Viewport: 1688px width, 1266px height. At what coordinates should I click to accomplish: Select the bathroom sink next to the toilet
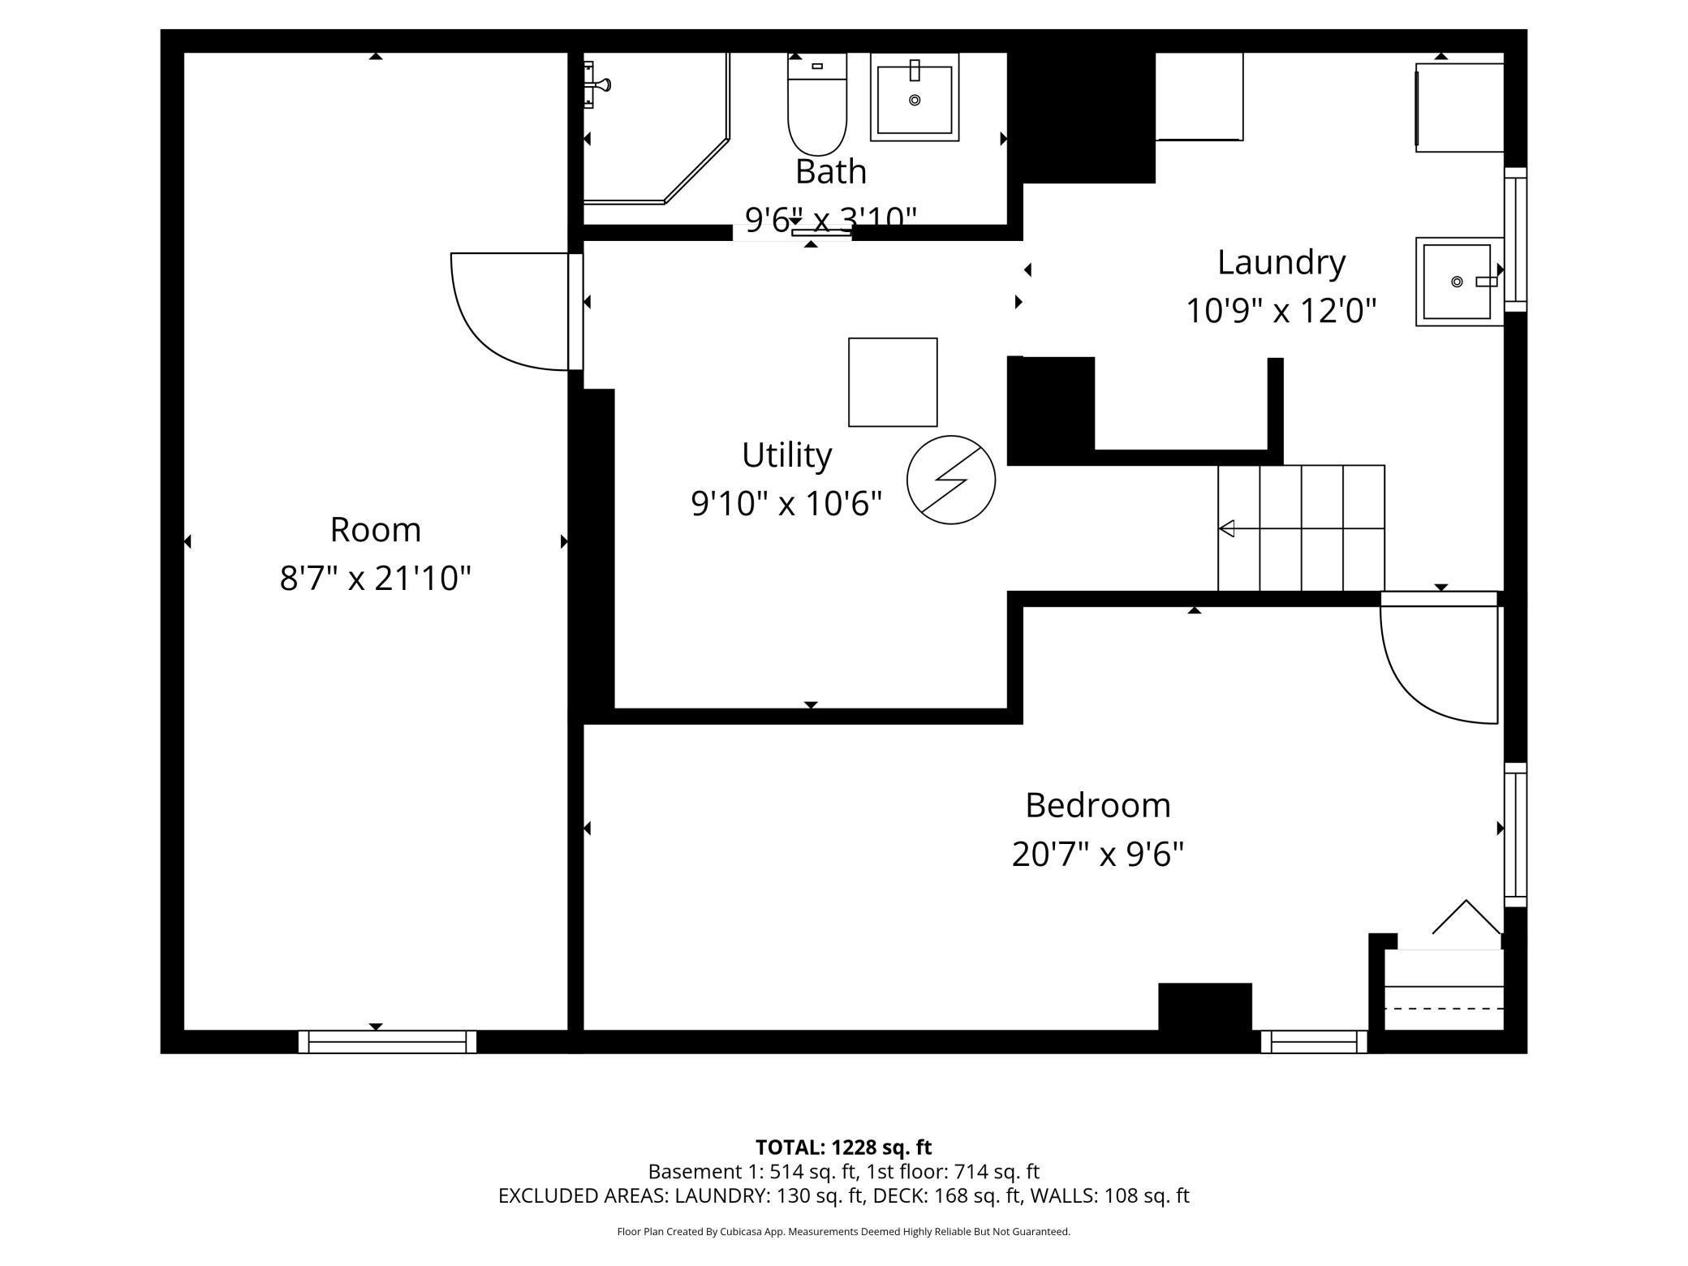tap(915, 97)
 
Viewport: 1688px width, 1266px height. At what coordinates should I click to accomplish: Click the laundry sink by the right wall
tap(1459, 282)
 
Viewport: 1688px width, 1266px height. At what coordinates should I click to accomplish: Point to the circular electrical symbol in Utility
tap(951, 480)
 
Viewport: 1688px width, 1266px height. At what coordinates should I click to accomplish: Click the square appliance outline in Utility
tap(893, 382)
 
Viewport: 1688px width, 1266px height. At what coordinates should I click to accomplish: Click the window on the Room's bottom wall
tap(387, 1042)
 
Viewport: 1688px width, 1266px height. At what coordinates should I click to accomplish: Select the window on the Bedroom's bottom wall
tap(1314, 1042)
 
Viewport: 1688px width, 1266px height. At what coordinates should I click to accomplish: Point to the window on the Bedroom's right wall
tap(1516, 835)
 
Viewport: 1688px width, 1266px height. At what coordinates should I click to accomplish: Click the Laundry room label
tap(1281, 262)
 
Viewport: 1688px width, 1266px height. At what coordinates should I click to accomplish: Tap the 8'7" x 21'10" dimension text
tap(376, 579)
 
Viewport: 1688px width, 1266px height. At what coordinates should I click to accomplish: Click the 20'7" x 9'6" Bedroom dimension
tap(1098, 854)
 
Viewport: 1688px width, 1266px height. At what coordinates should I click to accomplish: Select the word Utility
tap(786, 454)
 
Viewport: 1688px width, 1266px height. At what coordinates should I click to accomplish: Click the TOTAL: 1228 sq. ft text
tap(843, 1148)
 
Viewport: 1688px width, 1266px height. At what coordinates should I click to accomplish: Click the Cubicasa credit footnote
tap(843, 1232)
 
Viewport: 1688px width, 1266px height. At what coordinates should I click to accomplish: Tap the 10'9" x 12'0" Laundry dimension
tap(1281, 310)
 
